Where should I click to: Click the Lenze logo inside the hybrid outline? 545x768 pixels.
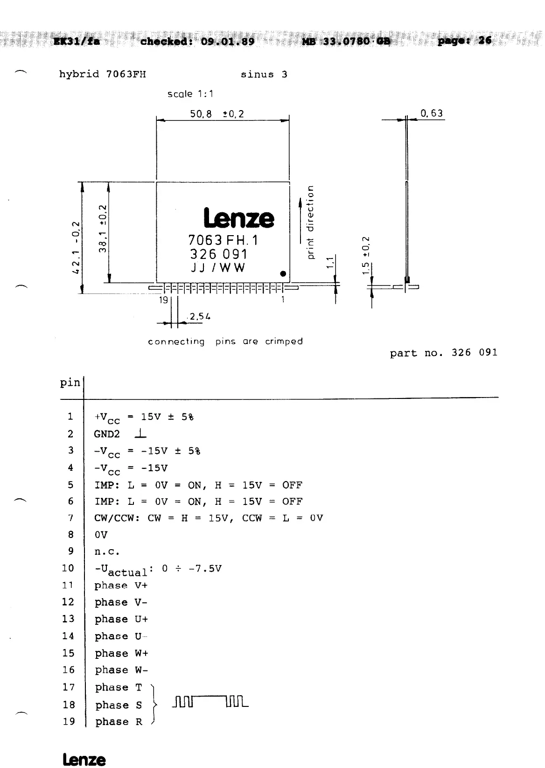coord(239,218)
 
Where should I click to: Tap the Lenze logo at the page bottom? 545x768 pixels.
coord(84,760)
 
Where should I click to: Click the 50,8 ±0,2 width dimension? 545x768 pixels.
coord(217,114)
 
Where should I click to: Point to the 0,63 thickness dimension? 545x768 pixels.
coord(431,113)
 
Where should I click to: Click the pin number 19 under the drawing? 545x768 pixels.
coord(163,300)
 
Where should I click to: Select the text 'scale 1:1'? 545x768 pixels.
coord(190,94)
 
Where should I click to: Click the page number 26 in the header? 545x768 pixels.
coord(485,41)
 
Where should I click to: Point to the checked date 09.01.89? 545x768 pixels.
coord(228,41)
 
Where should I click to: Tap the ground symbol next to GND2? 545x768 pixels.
coord(140,434)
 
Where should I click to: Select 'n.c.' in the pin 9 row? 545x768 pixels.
coord(107,552)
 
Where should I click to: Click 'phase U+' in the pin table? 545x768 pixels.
coord(121,619)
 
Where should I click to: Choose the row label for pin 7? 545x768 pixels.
coord(70,518)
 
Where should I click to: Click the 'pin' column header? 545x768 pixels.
coord(70,383)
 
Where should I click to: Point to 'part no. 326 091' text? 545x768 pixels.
coord(444,353)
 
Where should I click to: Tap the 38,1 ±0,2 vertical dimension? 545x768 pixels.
coord(104,229)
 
